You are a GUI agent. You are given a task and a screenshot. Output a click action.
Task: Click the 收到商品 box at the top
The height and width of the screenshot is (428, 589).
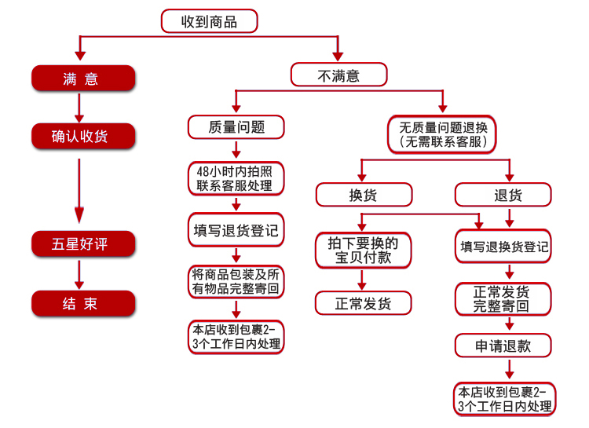coord(209,21)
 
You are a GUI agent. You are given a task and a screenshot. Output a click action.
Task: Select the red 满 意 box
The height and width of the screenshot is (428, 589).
coord(83,79)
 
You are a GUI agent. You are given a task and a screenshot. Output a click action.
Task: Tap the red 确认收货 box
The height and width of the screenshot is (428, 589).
coord(83,136)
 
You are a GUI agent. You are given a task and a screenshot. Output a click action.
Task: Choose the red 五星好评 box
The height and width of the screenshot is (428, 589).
coord(83,244)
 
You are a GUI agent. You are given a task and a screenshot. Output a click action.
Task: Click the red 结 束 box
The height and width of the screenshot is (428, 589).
coord(83,303)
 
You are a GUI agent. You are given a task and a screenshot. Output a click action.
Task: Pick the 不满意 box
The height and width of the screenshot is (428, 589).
coord(338,75)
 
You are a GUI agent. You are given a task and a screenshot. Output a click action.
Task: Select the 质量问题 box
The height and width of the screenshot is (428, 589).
coord(236,127)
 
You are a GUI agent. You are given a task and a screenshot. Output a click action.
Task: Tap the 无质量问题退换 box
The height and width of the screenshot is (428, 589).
coord(441,134)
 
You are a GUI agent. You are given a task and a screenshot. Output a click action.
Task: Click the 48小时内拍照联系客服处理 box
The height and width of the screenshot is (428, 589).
coord(236,178)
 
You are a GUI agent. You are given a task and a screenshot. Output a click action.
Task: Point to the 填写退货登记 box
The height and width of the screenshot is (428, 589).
coord(236,229)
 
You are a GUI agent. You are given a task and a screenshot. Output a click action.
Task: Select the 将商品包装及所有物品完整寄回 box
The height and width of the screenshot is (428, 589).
coord(236,281)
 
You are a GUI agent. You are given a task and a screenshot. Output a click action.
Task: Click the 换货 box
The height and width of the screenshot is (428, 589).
coord(364,195)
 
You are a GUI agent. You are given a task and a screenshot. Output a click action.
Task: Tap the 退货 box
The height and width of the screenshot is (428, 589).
coord(503,195)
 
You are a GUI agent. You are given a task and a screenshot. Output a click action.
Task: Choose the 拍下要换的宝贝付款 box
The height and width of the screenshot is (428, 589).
coord(364,250)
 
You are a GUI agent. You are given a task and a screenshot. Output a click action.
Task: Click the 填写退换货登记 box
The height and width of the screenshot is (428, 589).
coord(503,246)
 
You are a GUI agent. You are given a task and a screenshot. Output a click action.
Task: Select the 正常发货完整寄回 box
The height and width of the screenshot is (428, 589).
coord(503,298)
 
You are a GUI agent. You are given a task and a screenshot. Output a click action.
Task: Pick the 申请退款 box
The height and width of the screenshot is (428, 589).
coord(503,346)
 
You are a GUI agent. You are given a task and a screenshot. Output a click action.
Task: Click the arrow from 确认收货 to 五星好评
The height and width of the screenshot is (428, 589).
coord(79,191)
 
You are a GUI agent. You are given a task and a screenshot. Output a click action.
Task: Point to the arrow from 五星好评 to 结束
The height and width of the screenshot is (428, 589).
coord(79,275)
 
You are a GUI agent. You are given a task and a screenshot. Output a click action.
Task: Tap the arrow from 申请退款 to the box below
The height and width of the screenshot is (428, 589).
coord(510,369)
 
